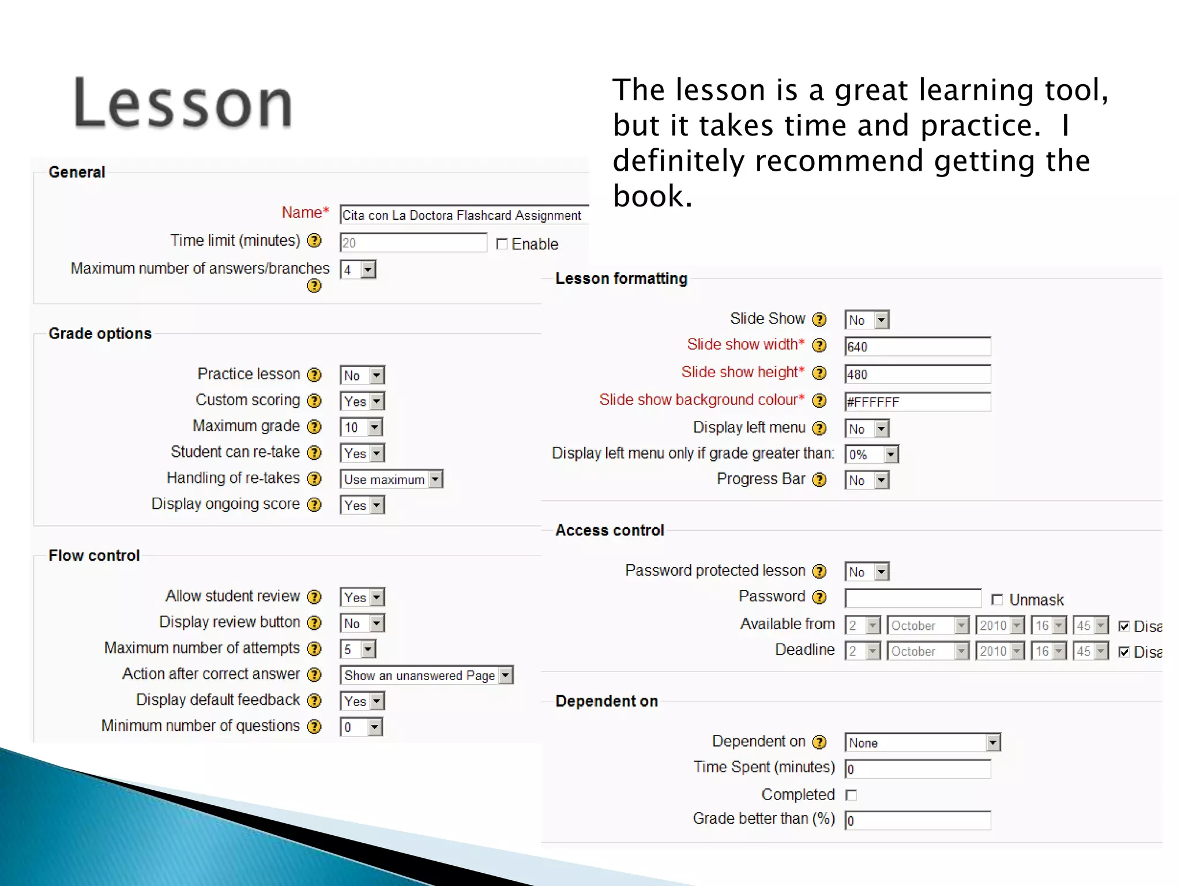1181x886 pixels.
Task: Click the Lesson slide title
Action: pos(183,104)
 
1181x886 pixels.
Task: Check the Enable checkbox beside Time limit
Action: pos(502,244)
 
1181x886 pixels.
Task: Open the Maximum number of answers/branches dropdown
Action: pos(358,269)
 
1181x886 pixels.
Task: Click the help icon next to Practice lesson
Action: pos(314,375)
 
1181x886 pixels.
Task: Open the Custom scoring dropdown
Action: pos(362,401)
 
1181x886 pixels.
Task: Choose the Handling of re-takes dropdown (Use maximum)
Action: pos(392,479)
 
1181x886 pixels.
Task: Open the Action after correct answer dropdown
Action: pos(426,675)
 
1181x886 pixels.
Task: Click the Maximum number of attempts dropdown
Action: pos(358,649)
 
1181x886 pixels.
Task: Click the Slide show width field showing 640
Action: pos(917,347)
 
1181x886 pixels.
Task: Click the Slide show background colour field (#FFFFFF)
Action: pos(917,402)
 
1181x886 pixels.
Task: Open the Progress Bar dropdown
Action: pos(867,480)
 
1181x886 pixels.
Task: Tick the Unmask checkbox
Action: pos(997,600)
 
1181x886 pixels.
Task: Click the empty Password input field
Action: pos(912,598)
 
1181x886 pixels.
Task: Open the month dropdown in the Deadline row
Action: pos(927,651)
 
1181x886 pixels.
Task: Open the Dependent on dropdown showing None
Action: pos(922,742)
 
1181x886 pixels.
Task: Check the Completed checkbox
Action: pos(851,795)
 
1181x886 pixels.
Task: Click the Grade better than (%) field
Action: pos(917,820)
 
